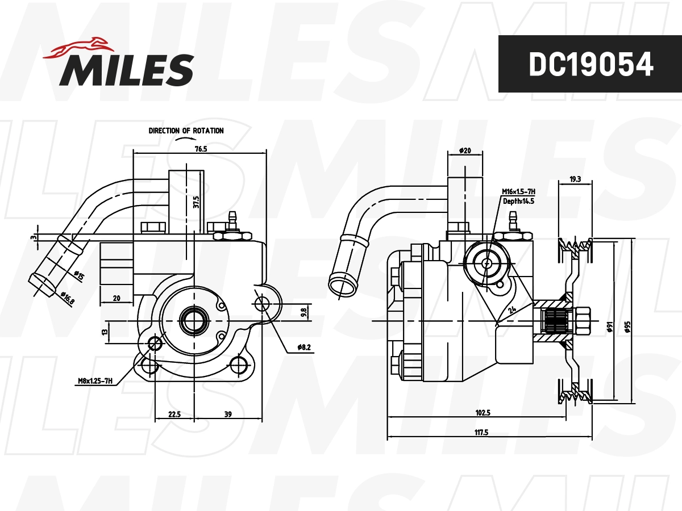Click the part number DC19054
click(x=590, y=65)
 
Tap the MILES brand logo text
click(x=127, y=69)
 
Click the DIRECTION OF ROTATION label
click(x=186, y=131)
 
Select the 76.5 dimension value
click(x=200, y=149)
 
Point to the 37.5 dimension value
click(x=196, y=203)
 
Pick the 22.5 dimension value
click(x=174, y=414)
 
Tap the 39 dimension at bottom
click(x=228, y=414)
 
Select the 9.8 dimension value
click(x=303, y=312)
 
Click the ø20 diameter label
click(x=465, y=151)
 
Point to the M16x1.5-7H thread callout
click(x=518, y=192)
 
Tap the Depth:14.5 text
click(x=518, y=201)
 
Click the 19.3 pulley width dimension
click(x=575, y=179)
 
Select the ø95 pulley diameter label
click(x=628, y=328)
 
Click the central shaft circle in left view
click(x=190, y=320)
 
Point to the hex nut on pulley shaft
click(x=582, y=321)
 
